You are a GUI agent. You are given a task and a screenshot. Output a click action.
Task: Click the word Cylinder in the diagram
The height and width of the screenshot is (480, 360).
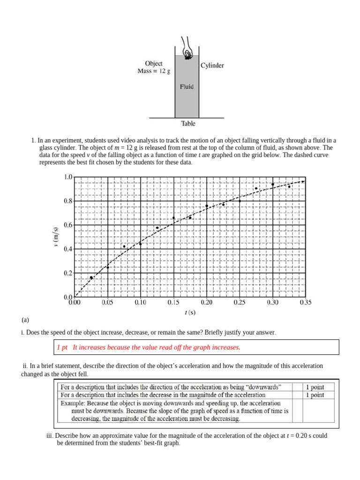click(212, 66)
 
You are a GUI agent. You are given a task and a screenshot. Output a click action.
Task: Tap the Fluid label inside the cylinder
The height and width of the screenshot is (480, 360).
click(187, 87)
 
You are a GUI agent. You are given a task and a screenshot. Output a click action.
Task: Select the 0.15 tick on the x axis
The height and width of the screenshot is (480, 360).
click(173, 303)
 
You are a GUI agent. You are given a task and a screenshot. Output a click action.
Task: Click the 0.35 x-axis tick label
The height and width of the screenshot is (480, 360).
click(305, 303)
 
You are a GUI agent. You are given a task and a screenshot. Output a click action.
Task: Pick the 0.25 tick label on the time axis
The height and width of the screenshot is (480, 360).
click(240, 303)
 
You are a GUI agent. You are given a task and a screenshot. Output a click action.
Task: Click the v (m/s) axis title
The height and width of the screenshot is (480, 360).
click(56, 237)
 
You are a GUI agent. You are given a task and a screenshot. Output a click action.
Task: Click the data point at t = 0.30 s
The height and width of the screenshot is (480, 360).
click(273, 184)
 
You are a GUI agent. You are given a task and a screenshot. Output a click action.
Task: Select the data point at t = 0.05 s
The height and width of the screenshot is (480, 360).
click(108, 267)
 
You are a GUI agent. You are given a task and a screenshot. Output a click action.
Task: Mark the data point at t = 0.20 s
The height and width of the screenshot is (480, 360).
click(207, 206)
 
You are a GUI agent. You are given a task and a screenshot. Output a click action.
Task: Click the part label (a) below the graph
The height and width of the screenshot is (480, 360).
click(25, 321)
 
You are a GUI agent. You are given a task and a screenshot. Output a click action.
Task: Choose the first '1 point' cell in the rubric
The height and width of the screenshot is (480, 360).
click(315, 387)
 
